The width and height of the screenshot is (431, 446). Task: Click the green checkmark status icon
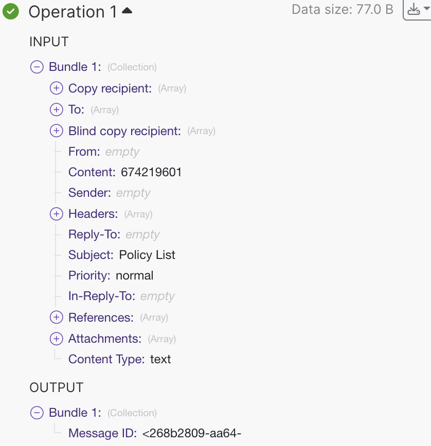tap(10, 11)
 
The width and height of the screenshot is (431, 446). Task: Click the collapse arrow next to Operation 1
tap(127, 10)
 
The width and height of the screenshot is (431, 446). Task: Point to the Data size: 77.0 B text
tap(343, 9)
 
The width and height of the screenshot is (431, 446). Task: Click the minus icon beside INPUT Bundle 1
tap(37, 67)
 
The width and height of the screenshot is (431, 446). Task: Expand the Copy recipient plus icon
tap(57, 88)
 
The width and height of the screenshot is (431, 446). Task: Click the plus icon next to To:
tap(57, 109)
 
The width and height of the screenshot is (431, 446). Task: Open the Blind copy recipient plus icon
tap(57, 131)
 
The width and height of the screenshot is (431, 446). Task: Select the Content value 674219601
tap(151, 172)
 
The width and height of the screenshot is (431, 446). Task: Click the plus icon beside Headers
tap(57, 214)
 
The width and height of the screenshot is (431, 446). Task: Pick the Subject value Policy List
tap(147, 255)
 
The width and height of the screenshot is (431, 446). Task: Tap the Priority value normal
tap(134, 275)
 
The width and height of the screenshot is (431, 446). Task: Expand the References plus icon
tap(57, 318)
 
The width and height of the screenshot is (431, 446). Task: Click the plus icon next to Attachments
tap(57, 339)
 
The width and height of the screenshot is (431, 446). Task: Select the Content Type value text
tap(160, 359)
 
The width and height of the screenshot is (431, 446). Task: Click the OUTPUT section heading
tap(57, 387)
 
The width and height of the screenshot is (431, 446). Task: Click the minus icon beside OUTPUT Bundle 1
tap(37, 413)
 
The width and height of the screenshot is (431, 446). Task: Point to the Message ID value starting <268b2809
tap(192, 433)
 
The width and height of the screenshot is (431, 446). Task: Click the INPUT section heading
tap(49, 42)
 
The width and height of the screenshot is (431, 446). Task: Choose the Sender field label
tap(89, 193)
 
